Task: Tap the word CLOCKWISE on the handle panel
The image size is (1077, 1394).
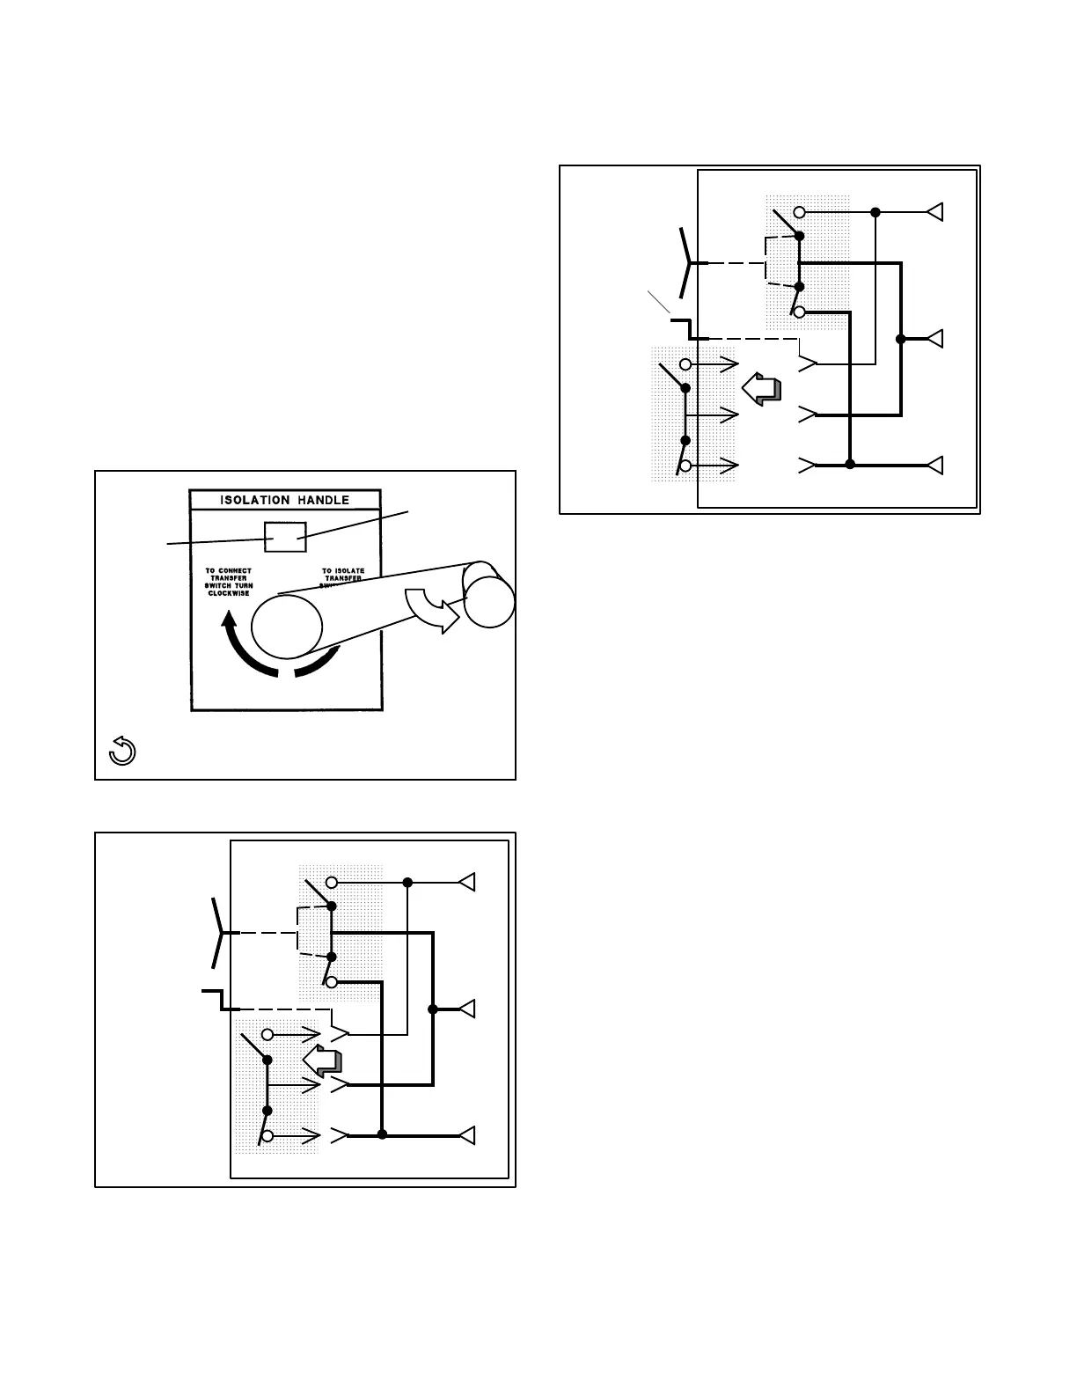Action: pyautogui.click(x=228, y=593)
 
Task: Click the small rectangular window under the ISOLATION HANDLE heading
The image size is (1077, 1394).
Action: pyautogui.click(x=285, y=536)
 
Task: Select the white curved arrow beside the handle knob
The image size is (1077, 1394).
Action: pyautogui.click(x=432, y=609)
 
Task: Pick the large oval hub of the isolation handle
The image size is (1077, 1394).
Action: pyautogui.click(x=287, y=626)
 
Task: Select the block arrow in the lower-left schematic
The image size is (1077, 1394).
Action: pyautogui.click(x=320, y=1060)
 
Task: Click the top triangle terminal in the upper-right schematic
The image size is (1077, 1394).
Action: pyautogui.click(x=935, y=212)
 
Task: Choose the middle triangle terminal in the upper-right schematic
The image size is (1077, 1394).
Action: pyautogui.click(x=935, y=339)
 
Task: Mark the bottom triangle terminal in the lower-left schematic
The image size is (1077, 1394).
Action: pyautogui.click(x=467, y=1135)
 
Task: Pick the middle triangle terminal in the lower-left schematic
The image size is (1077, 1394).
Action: pyautogui.click(x=467, y=1009)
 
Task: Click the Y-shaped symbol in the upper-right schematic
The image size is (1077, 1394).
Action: pyautogui.click(x=687, y=262)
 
